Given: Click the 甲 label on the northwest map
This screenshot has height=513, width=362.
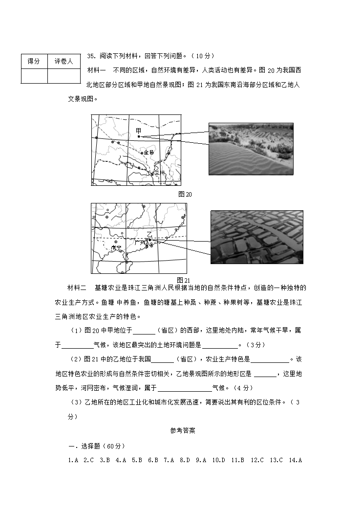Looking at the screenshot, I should pos(138,131).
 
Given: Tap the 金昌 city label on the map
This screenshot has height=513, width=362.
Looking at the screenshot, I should pos(149,153).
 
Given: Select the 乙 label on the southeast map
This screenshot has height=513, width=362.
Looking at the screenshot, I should pos(149,234).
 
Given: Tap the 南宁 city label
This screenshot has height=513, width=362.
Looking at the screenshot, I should pos(116,247).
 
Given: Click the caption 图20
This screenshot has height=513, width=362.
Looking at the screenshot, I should pos(185,194).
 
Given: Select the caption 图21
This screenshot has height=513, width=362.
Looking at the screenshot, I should pos(183,280).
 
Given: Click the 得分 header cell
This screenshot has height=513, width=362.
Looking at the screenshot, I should pos(34,61).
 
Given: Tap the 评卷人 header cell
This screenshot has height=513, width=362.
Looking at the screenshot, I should pos(64,61).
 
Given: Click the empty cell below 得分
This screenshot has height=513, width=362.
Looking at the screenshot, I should pos(34,76).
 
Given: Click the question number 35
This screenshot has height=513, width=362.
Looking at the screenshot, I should pos(91,56).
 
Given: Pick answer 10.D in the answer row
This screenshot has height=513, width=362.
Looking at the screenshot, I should pos(218,460).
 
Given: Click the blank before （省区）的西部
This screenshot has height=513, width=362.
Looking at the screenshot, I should pos(144,331).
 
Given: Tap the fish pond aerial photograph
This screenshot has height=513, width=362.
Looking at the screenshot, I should pos(256,237).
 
